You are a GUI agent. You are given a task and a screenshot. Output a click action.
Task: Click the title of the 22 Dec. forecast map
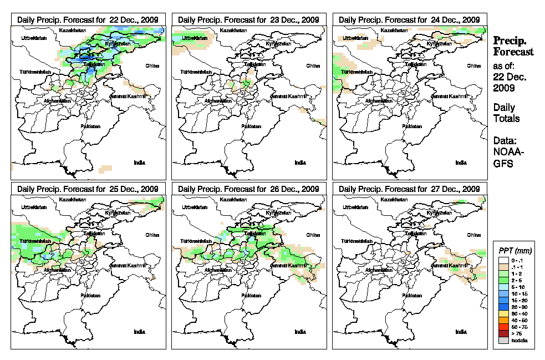tap(88, 19)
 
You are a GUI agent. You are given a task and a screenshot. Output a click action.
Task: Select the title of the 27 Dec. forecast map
tap(410, 189)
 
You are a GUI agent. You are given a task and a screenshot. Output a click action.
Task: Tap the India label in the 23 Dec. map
tap(300, 163)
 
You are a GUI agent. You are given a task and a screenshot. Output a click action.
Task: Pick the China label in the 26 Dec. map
tap(313, 235)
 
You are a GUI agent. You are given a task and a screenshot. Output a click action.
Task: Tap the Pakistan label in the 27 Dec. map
tap(411, 296)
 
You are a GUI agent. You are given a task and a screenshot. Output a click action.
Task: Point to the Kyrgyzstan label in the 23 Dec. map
tap(278, 43)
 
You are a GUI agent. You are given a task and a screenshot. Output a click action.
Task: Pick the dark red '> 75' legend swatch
tap(503, 334)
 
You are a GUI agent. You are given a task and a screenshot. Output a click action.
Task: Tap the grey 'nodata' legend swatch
tap(503, 340)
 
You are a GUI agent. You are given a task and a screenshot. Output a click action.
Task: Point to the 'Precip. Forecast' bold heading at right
tap(513, 46)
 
